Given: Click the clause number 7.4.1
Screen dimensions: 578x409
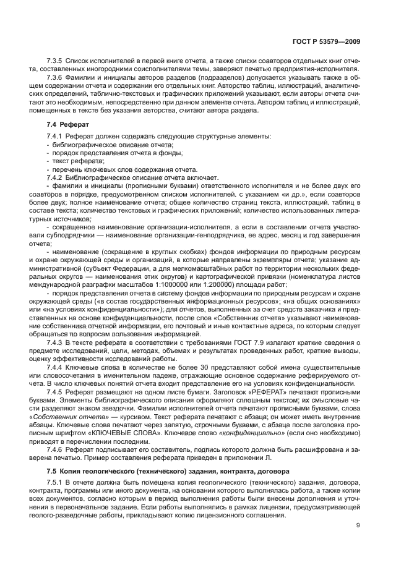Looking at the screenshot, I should tap(57, 135).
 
